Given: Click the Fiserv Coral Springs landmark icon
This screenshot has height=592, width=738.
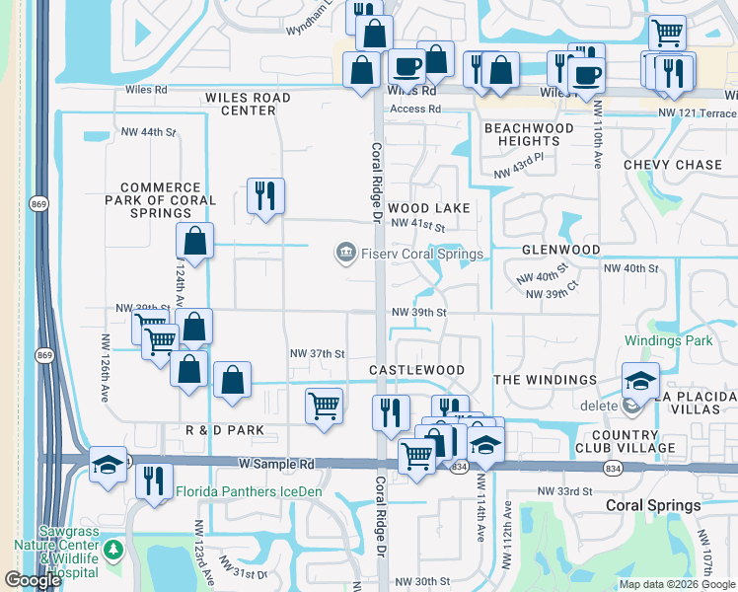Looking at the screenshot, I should click(345, 254).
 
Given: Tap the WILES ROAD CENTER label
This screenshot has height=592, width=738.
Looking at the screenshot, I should click(249, 104).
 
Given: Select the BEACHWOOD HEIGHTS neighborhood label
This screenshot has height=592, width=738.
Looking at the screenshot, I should click(529, 135).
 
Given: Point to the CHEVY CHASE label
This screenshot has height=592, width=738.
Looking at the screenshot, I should click(673, 165).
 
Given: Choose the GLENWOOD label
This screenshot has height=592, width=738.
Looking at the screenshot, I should click(560, 250).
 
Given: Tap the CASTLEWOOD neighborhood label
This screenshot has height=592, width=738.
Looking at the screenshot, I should click(416, 370).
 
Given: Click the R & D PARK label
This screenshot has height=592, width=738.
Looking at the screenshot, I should click(225, 430).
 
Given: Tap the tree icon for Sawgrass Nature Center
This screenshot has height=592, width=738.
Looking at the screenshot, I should click(114, 549).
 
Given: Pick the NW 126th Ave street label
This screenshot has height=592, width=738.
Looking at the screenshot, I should click(104, 364).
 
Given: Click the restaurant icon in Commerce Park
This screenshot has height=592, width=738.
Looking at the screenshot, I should click(264, 195).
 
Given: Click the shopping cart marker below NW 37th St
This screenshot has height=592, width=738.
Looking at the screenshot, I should click(324, 405).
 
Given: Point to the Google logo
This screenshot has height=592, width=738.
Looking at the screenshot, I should click(33, 580).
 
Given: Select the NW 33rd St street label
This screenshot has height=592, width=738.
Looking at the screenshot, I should click(563, 490).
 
